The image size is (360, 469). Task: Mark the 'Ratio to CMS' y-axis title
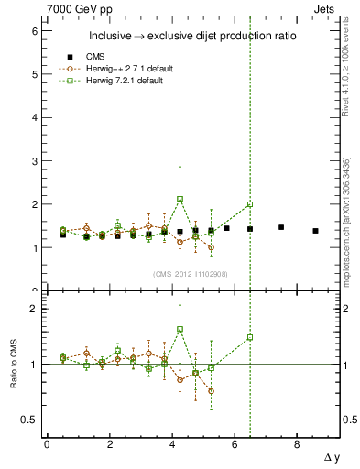(x=13, y=365)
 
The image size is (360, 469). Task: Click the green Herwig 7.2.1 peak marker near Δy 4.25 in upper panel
(x=180, y=199)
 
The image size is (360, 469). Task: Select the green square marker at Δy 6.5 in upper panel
(x=250, y=204)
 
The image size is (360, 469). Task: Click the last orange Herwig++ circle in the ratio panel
(x=211, y=391)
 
